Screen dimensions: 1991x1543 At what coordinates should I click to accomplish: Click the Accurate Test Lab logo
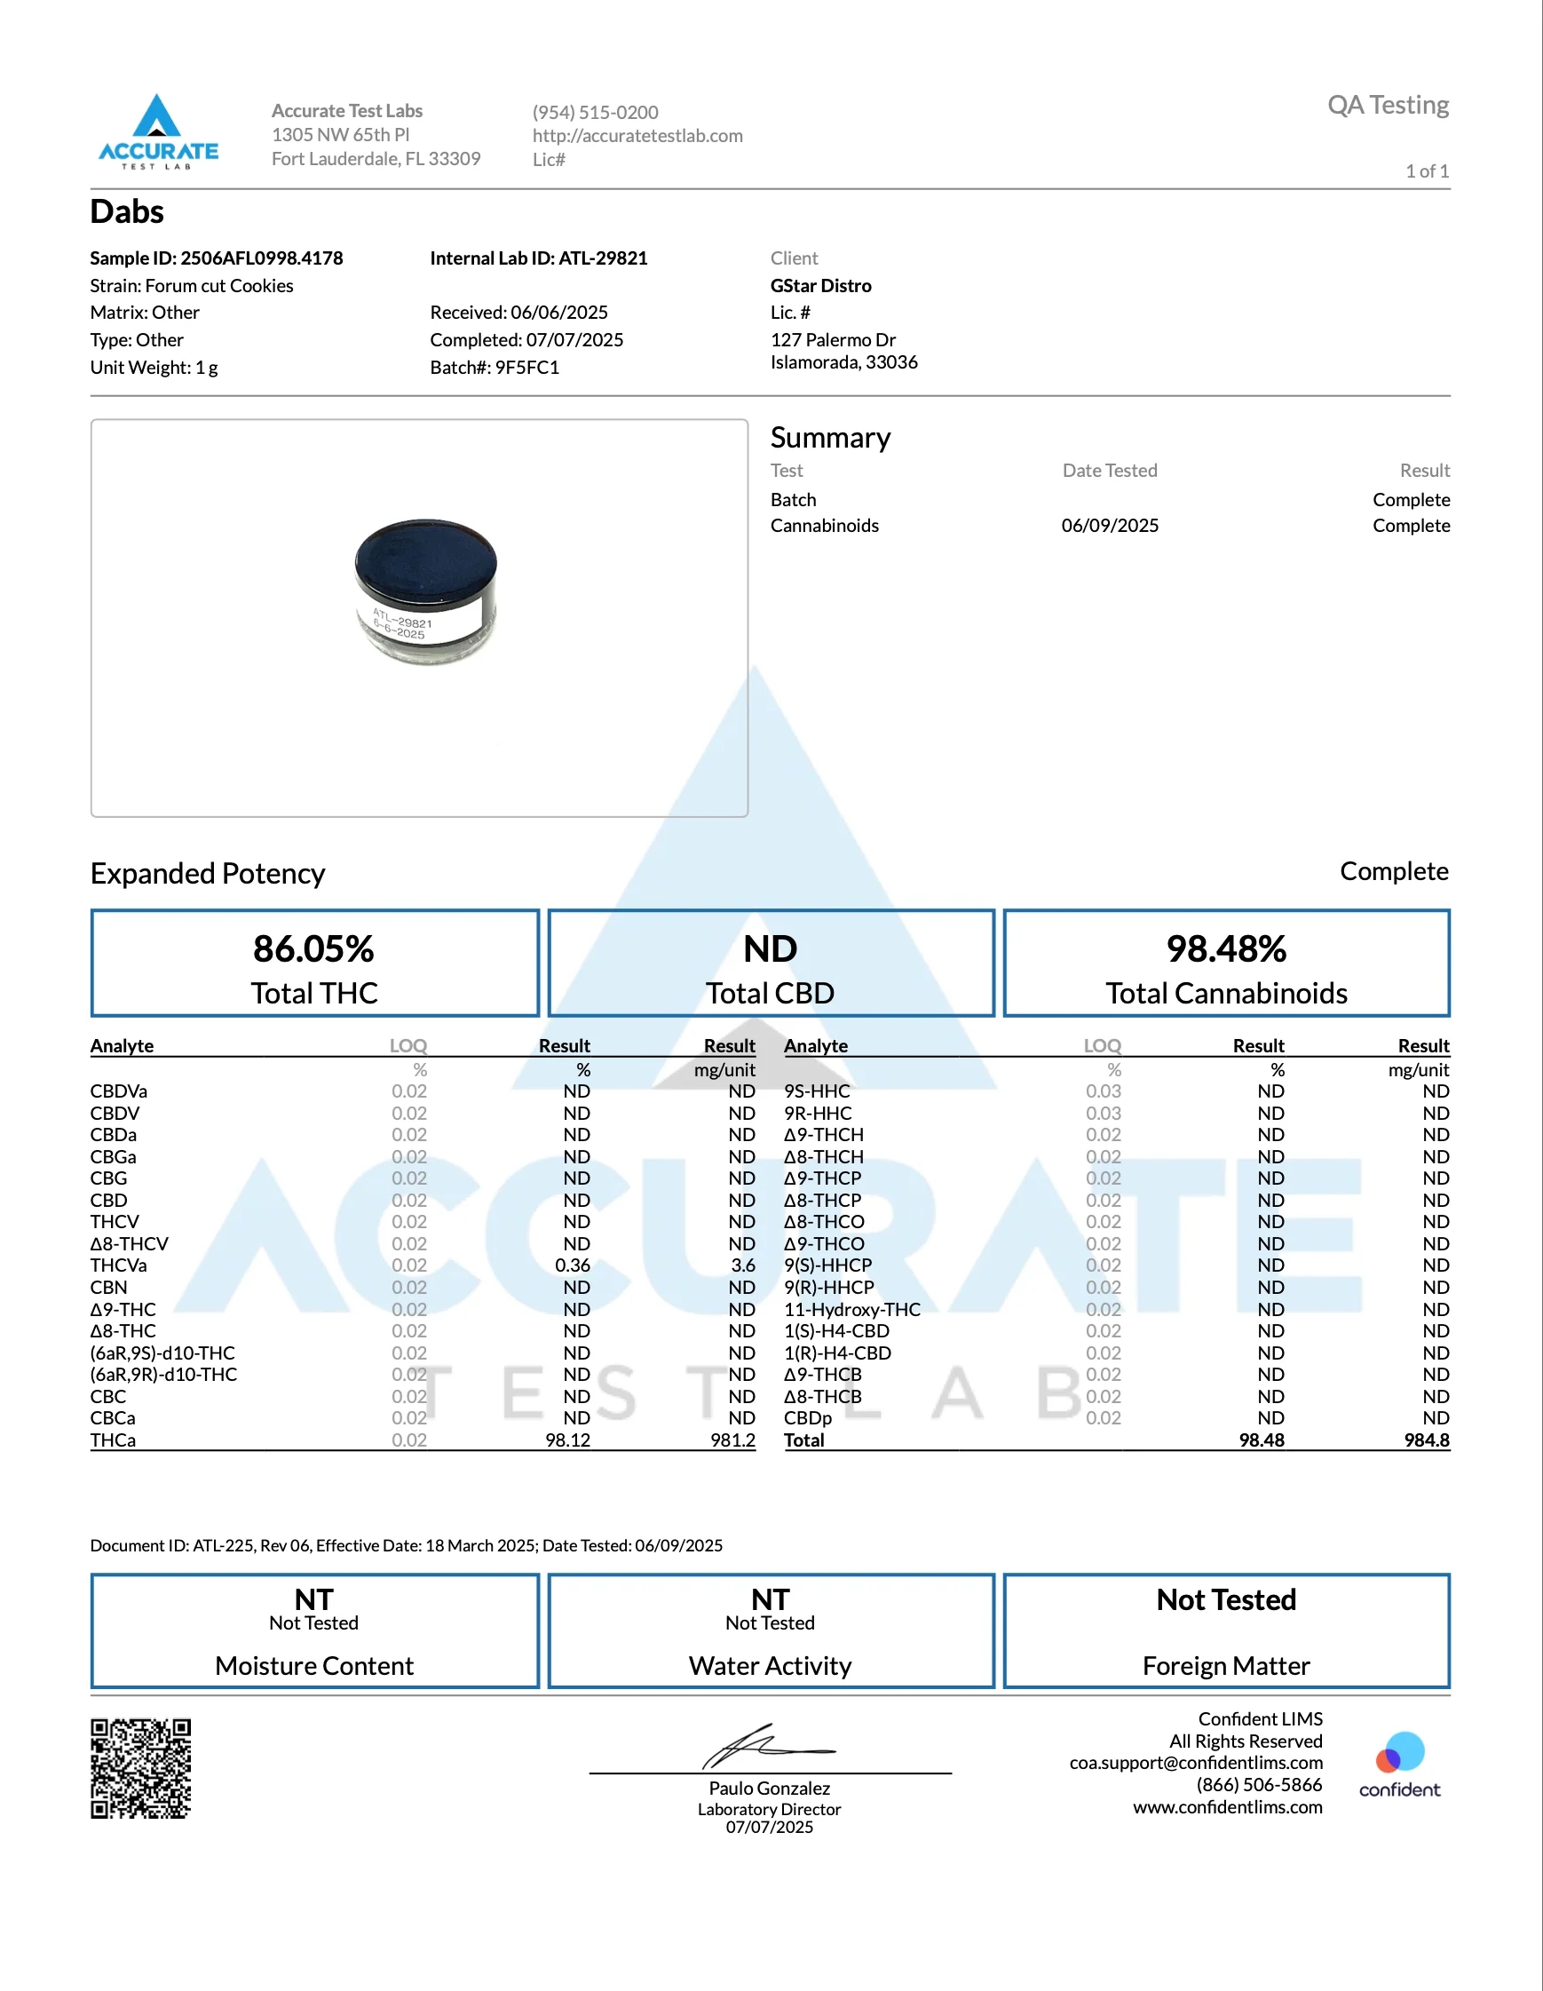[x=158, y=131]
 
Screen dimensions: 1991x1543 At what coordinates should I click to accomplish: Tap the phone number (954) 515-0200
[x=595, y=112]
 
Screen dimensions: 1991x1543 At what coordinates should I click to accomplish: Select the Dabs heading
[x=127, y=212]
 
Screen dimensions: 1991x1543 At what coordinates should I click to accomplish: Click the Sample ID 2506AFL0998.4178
[x=216, y=258]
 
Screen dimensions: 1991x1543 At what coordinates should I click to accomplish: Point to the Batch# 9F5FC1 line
[x=494, y=368]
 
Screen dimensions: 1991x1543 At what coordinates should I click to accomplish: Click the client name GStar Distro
[x=820, y=285]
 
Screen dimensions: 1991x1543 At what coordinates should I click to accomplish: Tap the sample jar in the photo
[x=425, y=591]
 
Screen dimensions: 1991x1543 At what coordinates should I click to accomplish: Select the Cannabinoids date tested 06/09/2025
[x=1109, y=526]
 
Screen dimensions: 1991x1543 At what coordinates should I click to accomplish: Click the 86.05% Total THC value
[x=313, y=949]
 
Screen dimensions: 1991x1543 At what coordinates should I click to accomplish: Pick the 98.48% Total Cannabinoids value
[x=1226, y=949]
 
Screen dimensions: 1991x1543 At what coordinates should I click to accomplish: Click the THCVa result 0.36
[x=573, y=1265]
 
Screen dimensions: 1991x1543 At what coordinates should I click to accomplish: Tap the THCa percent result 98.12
[x=568, y=1440]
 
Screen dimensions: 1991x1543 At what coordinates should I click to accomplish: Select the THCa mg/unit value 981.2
[x=732, y=1440]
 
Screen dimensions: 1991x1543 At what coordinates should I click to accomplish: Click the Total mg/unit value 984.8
[x=1427, y=1440]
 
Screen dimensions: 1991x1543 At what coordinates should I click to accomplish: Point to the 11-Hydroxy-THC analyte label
[x=852, y=1309]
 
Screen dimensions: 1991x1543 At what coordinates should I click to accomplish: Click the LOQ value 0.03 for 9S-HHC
[x=1103, y=1091]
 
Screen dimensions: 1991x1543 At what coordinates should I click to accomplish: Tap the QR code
[x=140, y=1769]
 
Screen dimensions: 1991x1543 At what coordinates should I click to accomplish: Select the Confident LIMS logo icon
[x=1400, y=1752]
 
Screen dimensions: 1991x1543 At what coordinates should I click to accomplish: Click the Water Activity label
[x=770, y=1667]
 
